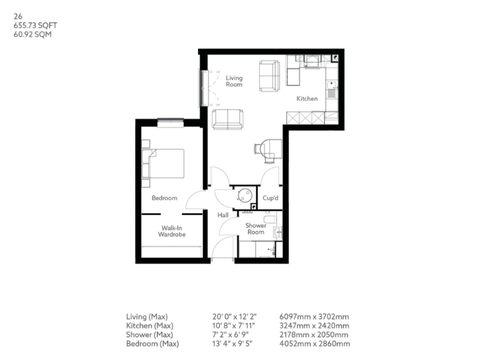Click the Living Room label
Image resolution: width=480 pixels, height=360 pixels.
pos(234,81)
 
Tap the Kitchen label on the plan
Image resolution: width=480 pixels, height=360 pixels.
pos(307,99)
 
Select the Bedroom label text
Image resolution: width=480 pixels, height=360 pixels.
pos(164,198)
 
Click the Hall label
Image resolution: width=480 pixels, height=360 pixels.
pos(223,215)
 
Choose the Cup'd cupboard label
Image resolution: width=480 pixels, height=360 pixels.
pos(271,198)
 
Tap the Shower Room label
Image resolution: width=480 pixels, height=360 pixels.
pos(256,229)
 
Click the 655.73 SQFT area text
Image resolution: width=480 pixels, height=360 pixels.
pos(31,26)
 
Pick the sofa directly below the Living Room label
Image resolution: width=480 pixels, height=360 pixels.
pos(227,119)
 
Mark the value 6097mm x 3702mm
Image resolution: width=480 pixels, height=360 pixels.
pos(314,317)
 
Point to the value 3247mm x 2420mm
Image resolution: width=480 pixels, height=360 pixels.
pos(314,326)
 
